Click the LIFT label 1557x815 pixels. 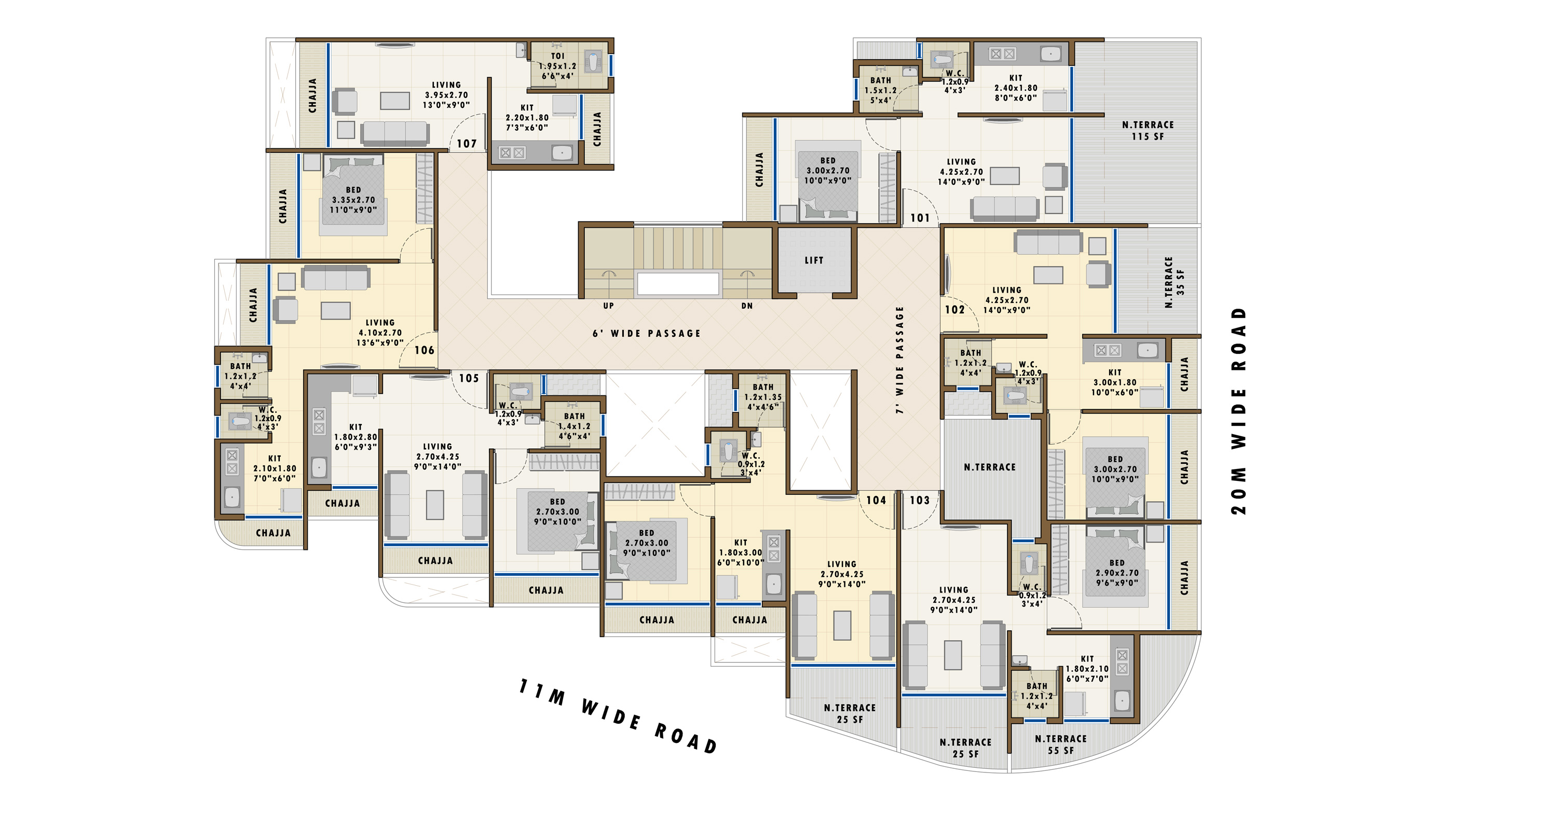[x=814, y=260]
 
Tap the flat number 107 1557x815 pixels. [x=467, y=144]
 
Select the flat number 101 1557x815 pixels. [x=920, y=218]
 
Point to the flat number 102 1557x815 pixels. [x=955, y=310]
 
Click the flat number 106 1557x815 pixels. [x=425, y=350]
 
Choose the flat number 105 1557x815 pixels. [x=469, y=379]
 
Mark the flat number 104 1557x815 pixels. [x=877, y=500]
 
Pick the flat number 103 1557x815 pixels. [x=920, y=500]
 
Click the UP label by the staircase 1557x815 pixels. [x=609, y=306]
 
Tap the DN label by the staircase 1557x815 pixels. [x=747, y=306]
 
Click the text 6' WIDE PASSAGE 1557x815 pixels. [x=647, y=334]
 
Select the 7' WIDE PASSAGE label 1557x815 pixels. [x=900, y=360]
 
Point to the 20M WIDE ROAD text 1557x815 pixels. [x=1238, y=411]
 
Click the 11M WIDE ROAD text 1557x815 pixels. [x=618, y=716]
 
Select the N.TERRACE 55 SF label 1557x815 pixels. [x=1061, y=745]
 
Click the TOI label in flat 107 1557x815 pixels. [x=557, y=56]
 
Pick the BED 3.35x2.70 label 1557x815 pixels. [x=353, y=200]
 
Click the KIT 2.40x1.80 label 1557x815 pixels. [x=1016, y=88]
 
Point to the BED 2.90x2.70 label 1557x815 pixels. [x=1117, y=573]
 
